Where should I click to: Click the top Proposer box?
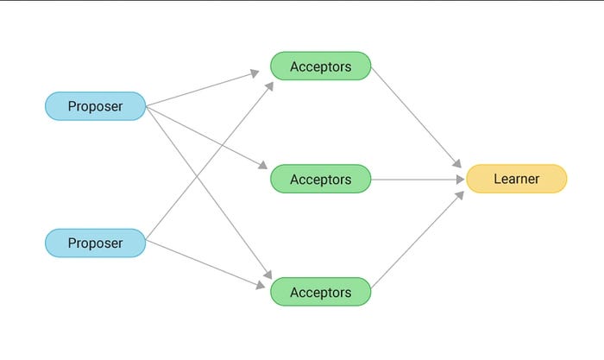tap(95, 106)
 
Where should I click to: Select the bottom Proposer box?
tap(95, 243)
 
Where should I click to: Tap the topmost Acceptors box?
tap(321, 66)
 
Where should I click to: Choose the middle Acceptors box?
tap(321, 179)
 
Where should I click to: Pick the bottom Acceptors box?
tap(321, 292)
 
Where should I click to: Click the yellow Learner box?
tap(516, 179)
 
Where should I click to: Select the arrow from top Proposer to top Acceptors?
tap(203, 90)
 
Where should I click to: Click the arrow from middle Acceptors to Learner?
tap(418, 180)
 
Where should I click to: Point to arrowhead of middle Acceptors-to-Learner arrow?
tap(460, 180)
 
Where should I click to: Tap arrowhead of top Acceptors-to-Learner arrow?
tap(459, 163)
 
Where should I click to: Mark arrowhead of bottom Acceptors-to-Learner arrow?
tap(460, 194)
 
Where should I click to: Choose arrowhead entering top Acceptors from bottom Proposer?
tap(269, 85)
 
